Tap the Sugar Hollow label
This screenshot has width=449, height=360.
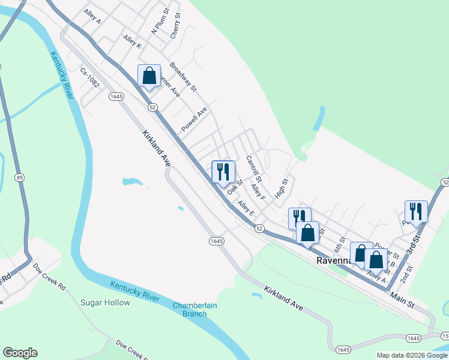pos(105,302)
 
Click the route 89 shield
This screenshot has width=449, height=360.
pos(20,178)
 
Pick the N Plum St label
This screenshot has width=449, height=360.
pos(160,23)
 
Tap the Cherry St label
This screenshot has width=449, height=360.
pos(175,27)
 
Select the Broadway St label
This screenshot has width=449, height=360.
pos(183,76)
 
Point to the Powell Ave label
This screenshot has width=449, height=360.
pos(194,119)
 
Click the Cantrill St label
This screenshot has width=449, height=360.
pos(254,169)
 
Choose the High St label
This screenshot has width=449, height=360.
pos(282,187)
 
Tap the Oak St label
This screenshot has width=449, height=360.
pos(234,187)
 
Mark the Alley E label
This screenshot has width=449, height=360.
pos(246,209)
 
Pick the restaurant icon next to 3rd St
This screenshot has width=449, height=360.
pos(416,211)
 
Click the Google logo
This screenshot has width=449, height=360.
pos(20,353)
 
